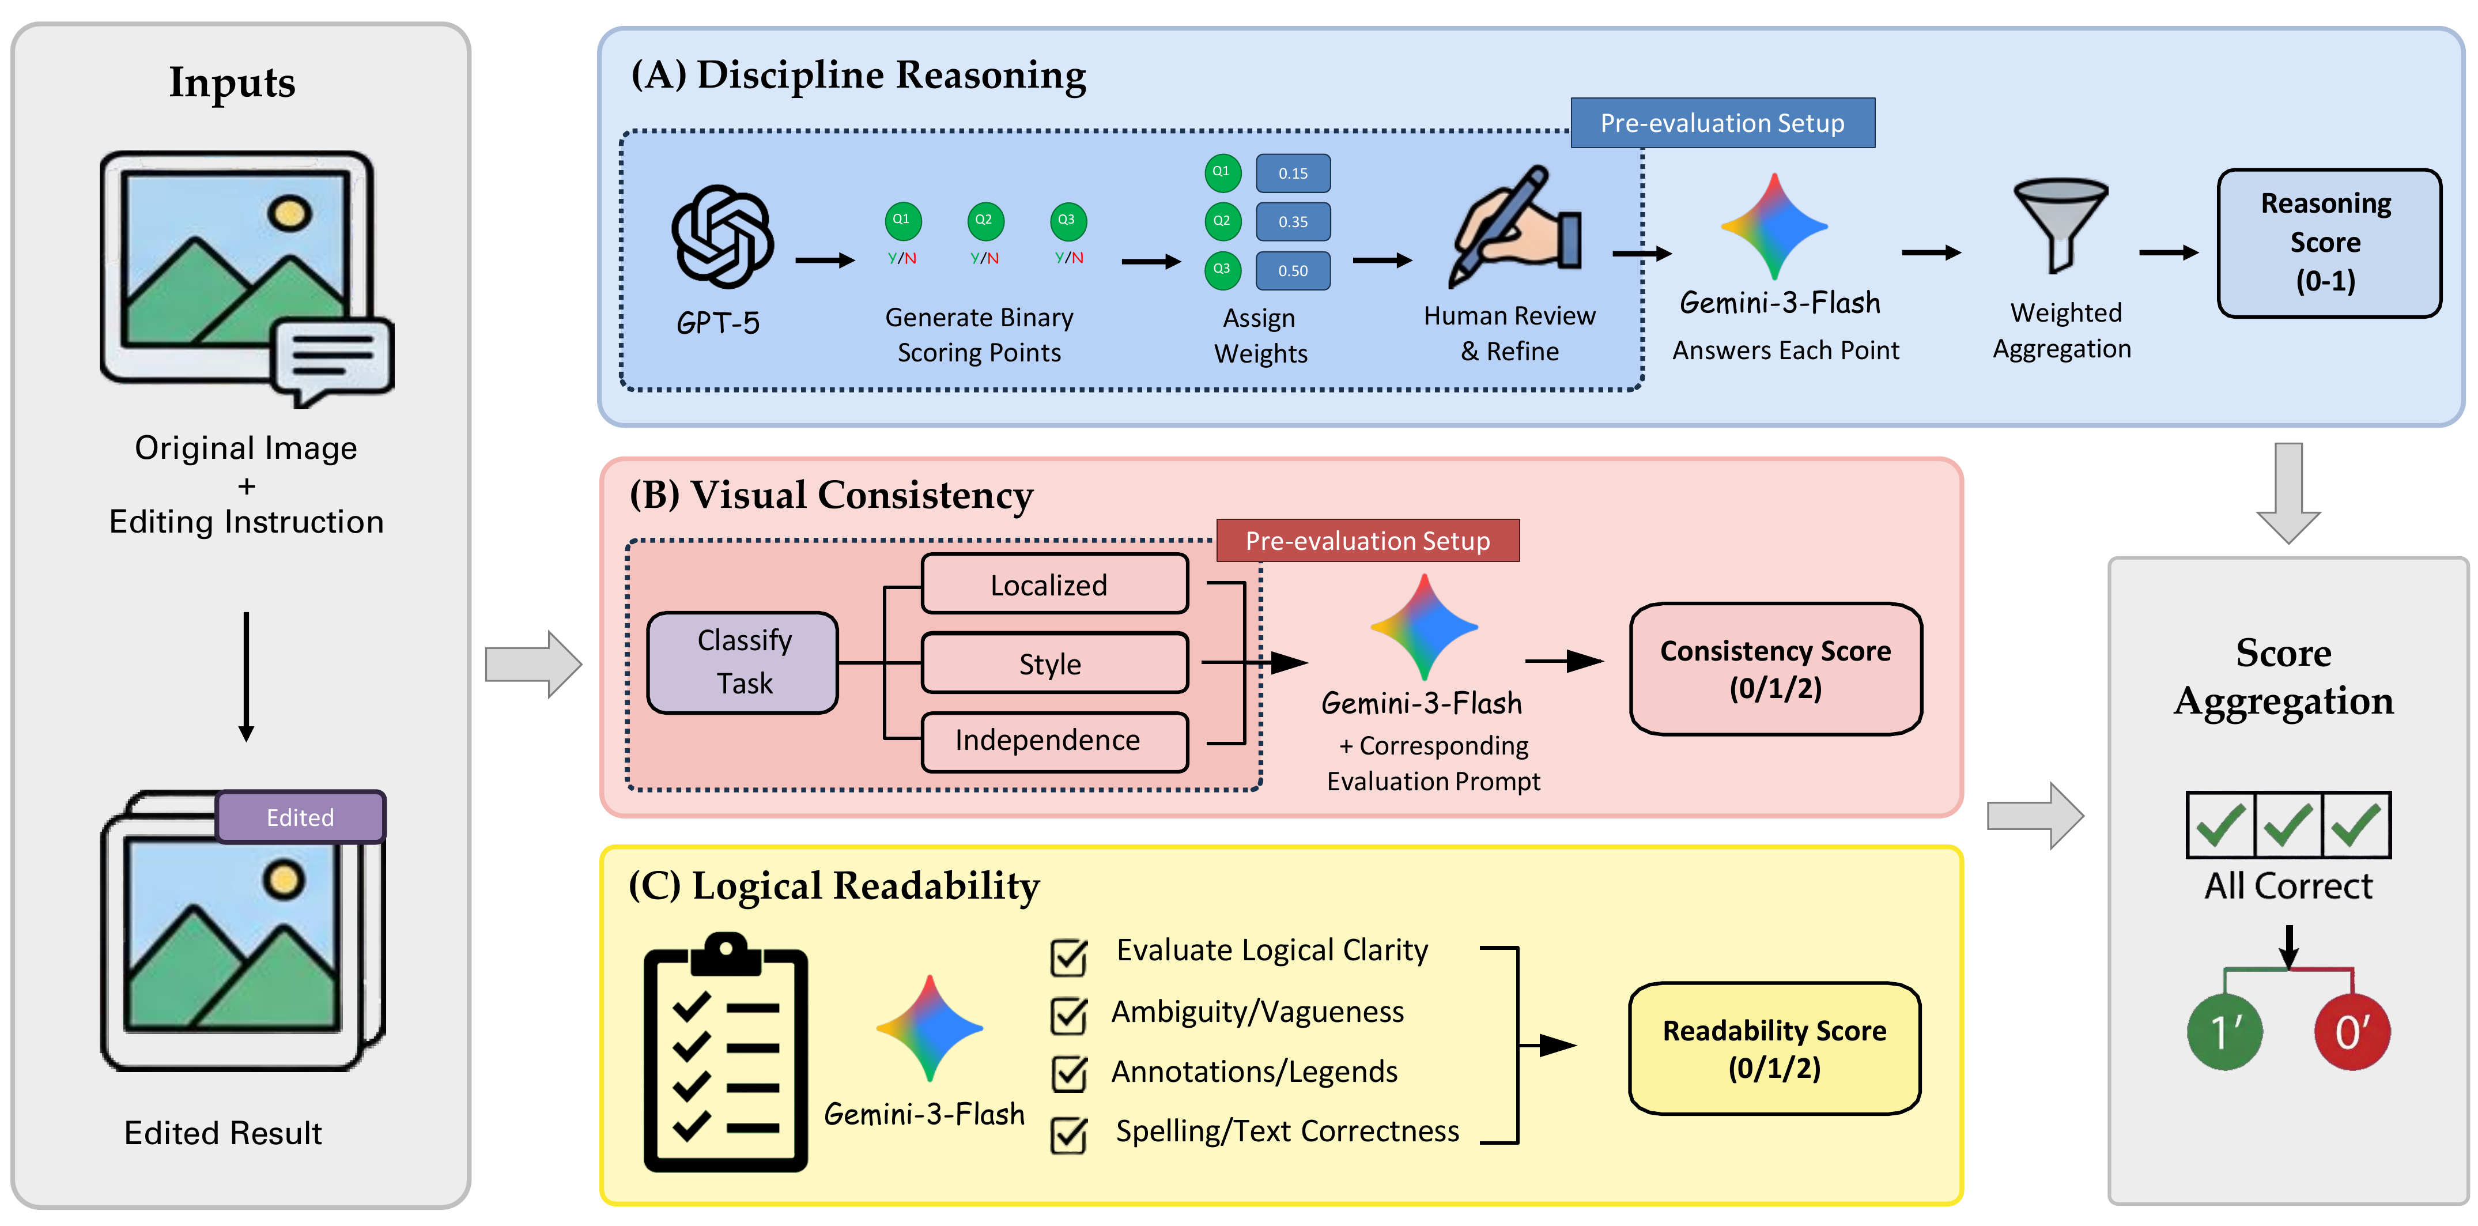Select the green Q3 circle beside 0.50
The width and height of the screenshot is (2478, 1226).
pyautogui.click(x=1222, y=269)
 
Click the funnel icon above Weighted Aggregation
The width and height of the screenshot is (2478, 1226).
pyautogui.click(x=2061, y=223)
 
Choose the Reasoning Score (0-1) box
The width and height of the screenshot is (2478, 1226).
pyautogui.click(x=2328, y=243)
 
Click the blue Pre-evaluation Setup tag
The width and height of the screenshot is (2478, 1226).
pyautogui.click(x=1722, y=123)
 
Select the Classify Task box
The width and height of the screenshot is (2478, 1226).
pyautogui.click(x=743, y=662)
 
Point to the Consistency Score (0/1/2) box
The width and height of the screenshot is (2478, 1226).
pyautogui.click(x=1775, y=669)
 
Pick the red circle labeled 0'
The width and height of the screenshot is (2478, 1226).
pyautogui.click(x=2351, y=1032)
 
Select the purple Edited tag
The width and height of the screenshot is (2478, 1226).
pyautogui.click(x=301, y=817)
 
